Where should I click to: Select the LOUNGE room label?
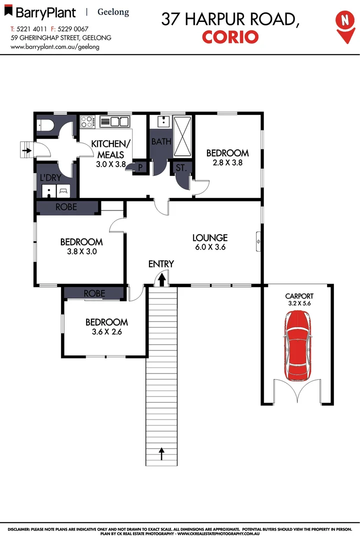tap(210, 238)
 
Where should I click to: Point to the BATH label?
tap(161, 142)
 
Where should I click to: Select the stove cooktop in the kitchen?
tap(87, 121)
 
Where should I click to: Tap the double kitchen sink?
tap(115, 121)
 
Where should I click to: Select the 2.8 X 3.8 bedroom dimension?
tap(227, 162)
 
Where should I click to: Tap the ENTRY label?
tap(161, 264)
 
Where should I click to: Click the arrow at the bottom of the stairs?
tap(161, 453)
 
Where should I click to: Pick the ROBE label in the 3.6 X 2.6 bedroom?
tap(94, 293)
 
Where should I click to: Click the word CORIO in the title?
tap(230, 36)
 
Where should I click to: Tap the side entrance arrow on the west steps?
tap(26, 147)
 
